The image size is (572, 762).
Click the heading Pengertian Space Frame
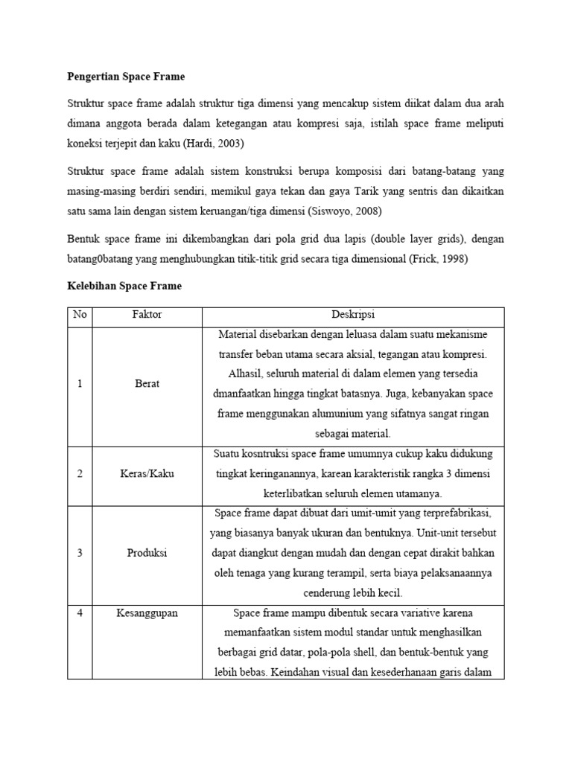[126, 77]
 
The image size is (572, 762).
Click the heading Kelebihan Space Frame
[124, 286]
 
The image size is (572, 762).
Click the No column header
[80, 315]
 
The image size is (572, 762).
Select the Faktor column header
[147, 315]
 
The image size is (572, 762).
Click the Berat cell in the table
[147, 384]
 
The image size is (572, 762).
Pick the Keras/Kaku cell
[147, 474]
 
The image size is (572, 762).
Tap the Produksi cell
[147, 553]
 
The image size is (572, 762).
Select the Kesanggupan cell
[147, 612]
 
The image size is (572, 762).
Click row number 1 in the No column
[80, 384]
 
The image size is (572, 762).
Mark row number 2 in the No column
[80, 474]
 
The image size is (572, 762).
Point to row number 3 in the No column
[80, 553]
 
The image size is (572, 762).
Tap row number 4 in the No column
[80, 612]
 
